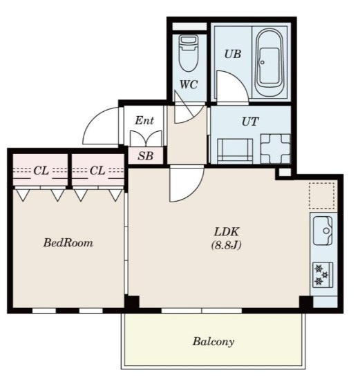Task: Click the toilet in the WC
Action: pyautogui.click(x=189, y=53)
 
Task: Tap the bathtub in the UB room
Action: pyautogui.click(x=269, y=62)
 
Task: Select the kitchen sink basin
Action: pyautogui.click(x=323, y=231)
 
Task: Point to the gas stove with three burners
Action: pyautogui.click(x=323, y=275)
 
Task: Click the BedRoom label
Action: pyautogui.click(x=68, y=243)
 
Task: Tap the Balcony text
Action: pyautogui.click(x=214, y=342)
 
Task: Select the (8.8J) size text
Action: pyautogui.click(x=226, y=245)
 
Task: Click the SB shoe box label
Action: pyautogui.click(x=145, y=156)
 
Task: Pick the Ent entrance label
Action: pyautogui.click(x=144, y=120)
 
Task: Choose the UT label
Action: pyautogui.click(x=250, y=122)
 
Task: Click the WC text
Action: pyautogui.click(x=189, y=85)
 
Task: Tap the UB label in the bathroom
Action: pyautogui.click(x=233, y=54)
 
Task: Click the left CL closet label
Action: pyautogui.click(x=41, y=171)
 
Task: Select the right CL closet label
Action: pyautogui.click(x=97, y=171)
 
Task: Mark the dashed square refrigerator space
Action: pyautogui.click(x=322, y=196)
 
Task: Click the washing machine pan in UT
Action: pyautogui.click(x=276, y=148)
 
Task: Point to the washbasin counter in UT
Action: pyautogui.click(x=235, y=151)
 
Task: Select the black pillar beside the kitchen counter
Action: pyautogui.click(x=306, y=302)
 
